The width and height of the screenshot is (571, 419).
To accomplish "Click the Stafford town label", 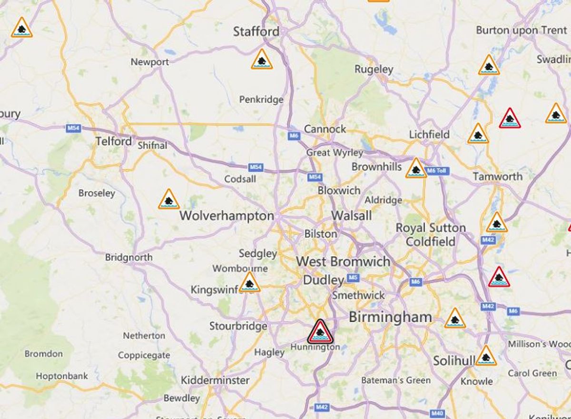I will [256, 32].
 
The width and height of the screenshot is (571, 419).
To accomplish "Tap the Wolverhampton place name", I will [226, 216].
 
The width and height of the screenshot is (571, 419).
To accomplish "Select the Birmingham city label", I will [390, 317].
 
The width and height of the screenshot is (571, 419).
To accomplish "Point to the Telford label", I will [113, 141].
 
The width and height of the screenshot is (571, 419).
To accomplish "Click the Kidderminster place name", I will [215, 380].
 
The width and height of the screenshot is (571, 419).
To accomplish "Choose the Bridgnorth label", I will [129, 258].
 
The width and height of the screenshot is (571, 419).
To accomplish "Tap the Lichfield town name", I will [429, 135].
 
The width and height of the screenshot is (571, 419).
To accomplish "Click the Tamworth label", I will [497, 177].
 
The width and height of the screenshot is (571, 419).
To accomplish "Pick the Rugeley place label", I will [374, 70].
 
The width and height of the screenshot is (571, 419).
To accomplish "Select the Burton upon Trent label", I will [522, 30].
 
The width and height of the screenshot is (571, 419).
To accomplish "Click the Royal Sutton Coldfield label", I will [431, 235].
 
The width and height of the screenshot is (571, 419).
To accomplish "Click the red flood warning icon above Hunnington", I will [320, 332].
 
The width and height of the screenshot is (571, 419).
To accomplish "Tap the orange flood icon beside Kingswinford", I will [249, 282].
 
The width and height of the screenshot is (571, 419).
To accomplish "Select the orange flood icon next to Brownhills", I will [416, 168].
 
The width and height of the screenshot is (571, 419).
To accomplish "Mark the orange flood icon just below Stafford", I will [262, 60].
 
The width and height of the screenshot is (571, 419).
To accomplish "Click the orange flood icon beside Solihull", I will [486, 356].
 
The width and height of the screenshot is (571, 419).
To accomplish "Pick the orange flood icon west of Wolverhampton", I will [169, 200].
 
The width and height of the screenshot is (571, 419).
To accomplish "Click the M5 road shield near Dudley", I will [353, 277].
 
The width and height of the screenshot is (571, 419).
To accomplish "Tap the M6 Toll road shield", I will [435, 171].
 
